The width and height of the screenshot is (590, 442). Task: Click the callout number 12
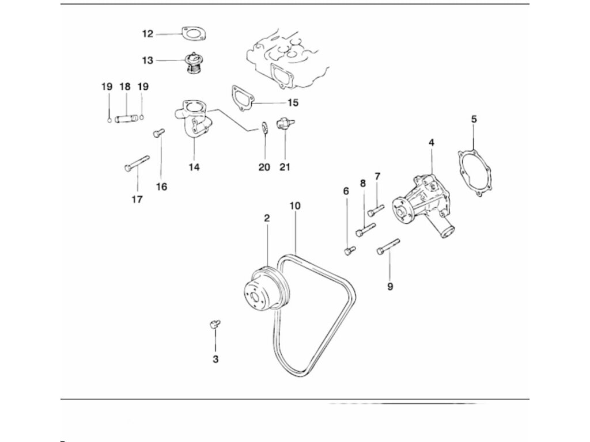coord(148,34)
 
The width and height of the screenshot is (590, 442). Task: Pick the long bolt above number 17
coord(137,163)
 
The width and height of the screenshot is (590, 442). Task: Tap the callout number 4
coord(432,142)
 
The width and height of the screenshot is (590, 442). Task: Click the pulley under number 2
coord(262,288)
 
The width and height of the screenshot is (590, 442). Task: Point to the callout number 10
coord(295,205)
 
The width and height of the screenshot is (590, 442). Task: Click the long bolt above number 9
coord(388,246)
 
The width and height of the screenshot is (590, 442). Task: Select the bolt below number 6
coord(349,250)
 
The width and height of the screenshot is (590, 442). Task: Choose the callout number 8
coord(362,183)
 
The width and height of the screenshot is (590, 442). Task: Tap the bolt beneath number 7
coord(375,211)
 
